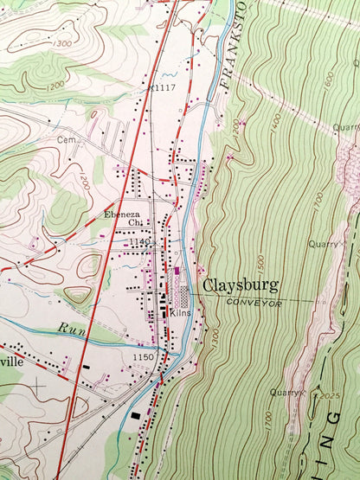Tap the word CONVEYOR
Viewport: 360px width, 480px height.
(251, 304)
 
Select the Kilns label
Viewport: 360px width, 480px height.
(180, 314)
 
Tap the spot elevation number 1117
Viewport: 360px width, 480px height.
(163, 86)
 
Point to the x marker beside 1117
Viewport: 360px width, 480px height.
(151, 86)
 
